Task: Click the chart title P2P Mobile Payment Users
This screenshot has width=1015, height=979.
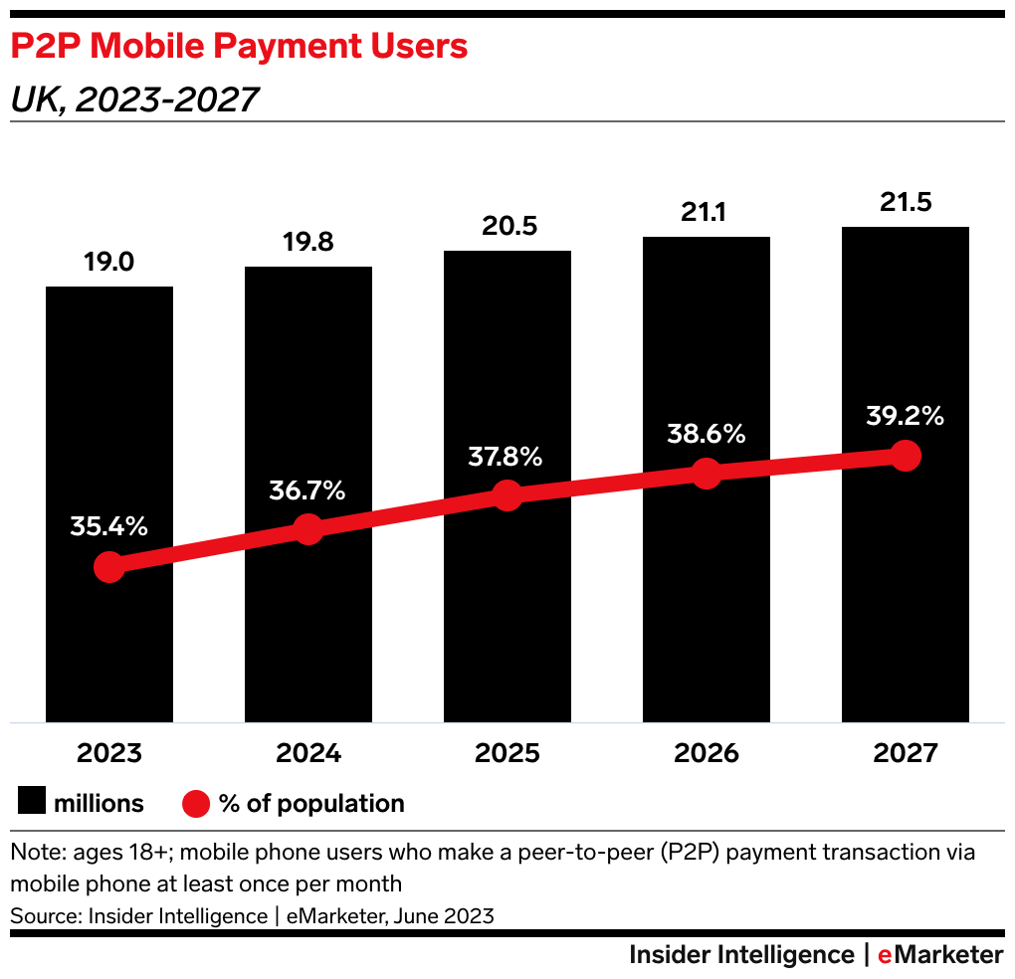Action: (x=239, y=47)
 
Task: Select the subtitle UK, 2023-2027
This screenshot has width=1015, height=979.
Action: (x=134, y=99)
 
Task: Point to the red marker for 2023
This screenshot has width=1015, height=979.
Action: (x=109, y=567)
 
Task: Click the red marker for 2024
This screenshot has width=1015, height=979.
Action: (x=308, y=529)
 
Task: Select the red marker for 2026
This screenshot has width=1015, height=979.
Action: (x=707, y=474)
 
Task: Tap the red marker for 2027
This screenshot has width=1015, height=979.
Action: (x=905, y=456)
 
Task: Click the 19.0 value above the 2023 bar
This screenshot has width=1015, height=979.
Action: (x=109, y=263)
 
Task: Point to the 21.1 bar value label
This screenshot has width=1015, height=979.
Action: (x=707, y=213)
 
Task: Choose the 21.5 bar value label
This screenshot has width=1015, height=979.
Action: (x=905, y=203)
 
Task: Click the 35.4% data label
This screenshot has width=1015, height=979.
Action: (x=109, y=526)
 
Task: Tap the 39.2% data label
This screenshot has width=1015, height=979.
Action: (x=905, y=416)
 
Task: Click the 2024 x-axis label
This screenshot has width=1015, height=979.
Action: (x=308, y=753)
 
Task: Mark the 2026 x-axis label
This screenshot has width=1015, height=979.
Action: (x=707, y=753)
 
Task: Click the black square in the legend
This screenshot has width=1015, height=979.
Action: (x=32, y=803)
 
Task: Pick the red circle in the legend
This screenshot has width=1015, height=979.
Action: (x=196, y=803)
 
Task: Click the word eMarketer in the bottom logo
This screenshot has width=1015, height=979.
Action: (x=940, y=954)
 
